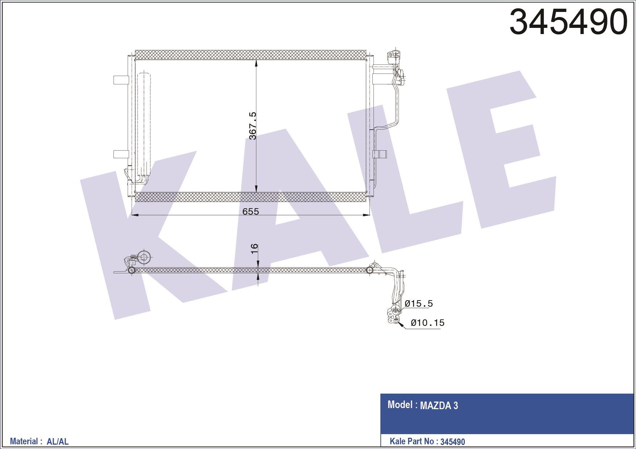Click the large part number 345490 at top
[x=568, y=22]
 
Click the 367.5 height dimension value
[x=253, y=126]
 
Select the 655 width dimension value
[x=251, y=211]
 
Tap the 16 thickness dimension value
[x=254, y=248]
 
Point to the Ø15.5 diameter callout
[x=419, y=303]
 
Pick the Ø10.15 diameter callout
[x=428, y=323]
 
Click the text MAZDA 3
[x=439, y=406]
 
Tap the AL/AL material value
[x=58, y=441]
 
